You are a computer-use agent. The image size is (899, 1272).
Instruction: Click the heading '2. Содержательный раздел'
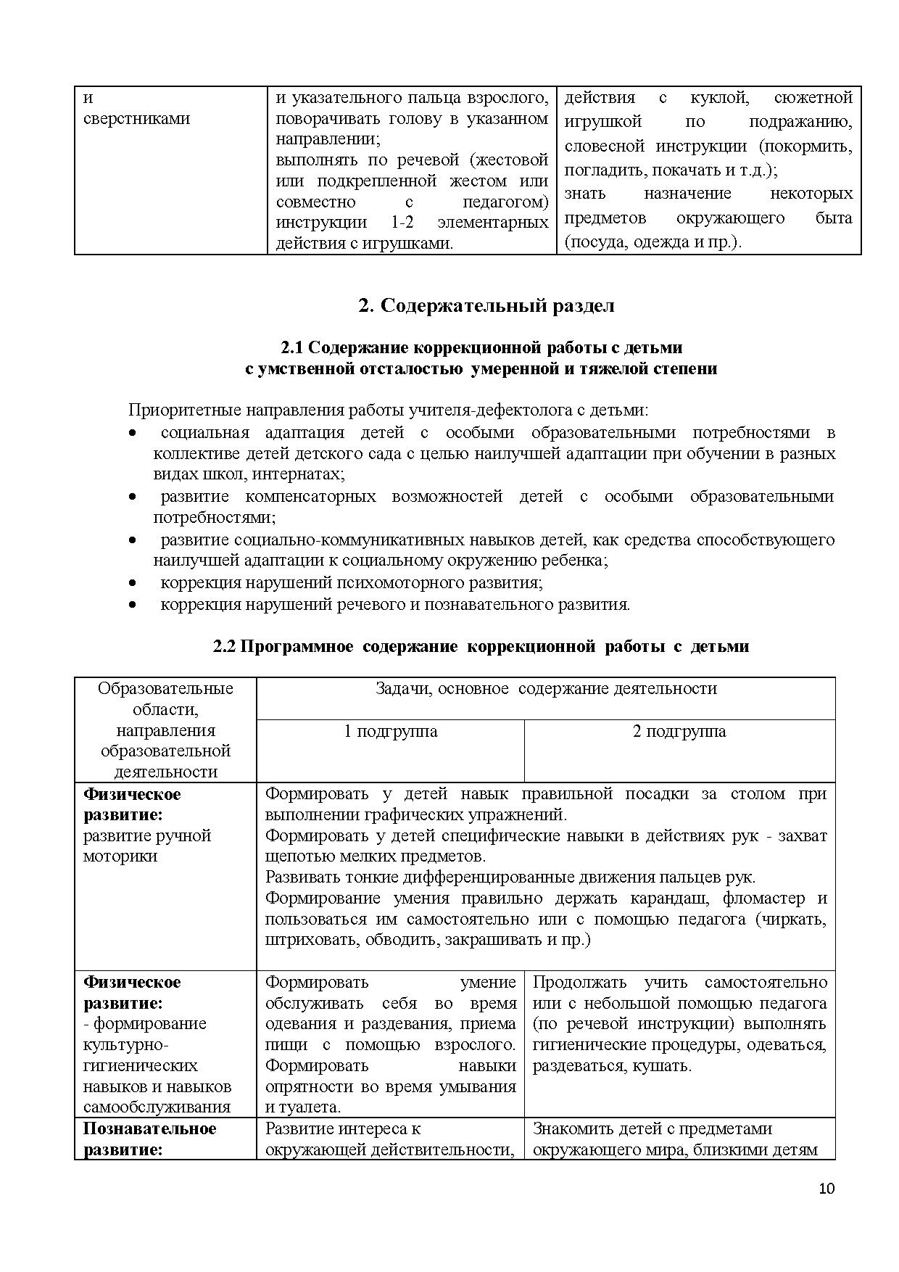486,305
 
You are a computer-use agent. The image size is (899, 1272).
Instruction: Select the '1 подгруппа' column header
390,731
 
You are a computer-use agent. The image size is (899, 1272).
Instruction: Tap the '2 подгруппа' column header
679,731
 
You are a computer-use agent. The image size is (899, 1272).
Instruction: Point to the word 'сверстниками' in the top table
136,118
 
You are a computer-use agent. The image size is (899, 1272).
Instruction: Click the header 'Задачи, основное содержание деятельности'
545,688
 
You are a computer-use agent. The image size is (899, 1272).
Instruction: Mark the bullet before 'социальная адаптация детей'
132,433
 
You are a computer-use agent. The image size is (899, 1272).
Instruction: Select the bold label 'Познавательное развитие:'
149,1139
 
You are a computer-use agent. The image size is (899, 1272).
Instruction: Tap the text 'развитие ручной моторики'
146,846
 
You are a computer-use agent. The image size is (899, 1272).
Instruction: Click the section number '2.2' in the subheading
224,646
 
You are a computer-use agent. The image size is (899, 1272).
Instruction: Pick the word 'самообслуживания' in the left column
157,1107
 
